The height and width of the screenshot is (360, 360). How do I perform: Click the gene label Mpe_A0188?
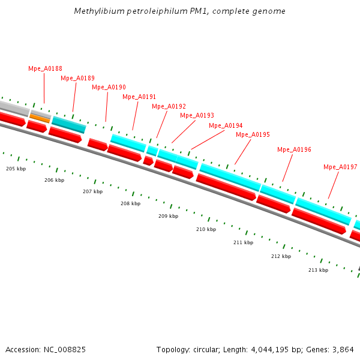click(45, 68)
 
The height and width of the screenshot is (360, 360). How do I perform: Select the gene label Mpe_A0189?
click(77, 78)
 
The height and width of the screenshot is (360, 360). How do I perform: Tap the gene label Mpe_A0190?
click(109, 87)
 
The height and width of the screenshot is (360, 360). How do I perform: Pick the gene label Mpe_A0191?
click(139, 97)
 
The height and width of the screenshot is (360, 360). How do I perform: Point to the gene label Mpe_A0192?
click(169, 106)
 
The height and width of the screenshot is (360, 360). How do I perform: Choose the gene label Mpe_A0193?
click(197, 115)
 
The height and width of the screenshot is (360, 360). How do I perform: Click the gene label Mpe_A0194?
click(226, 125)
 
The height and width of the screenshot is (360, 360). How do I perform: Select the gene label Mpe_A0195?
click(253, 134)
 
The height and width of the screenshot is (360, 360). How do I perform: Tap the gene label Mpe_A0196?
click(294, 149)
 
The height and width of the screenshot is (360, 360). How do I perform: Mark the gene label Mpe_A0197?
click(340, 167)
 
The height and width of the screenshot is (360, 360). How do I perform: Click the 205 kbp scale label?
click(16, 169)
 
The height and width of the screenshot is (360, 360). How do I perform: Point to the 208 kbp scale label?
click(130, 203)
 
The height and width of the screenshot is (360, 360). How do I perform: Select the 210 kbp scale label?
click(206, 229)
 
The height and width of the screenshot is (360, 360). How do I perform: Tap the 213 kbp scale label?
click(318, 270)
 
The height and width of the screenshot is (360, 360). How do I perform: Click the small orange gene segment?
click(40, 118)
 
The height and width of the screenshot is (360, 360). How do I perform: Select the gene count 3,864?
click(343, 349)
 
